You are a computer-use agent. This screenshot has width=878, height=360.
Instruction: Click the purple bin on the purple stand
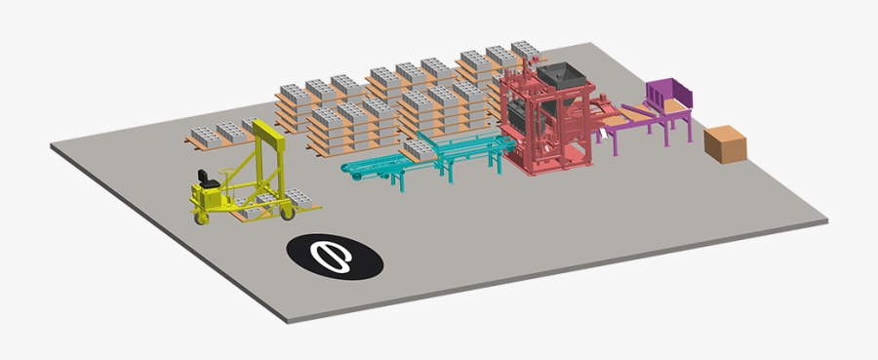click(x=668, y=96)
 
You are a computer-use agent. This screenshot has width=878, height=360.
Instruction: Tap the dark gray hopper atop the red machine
click(x=558, y=77)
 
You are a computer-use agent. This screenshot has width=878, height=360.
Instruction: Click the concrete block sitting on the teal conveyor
click(x=420, y=149)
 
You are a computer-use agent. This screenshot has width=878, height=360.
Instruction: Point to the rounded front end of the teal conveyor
click(x=349, y=170)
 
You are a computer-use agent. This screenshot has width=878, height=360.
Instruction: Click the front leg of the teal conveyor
click(x=399, y=183)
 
